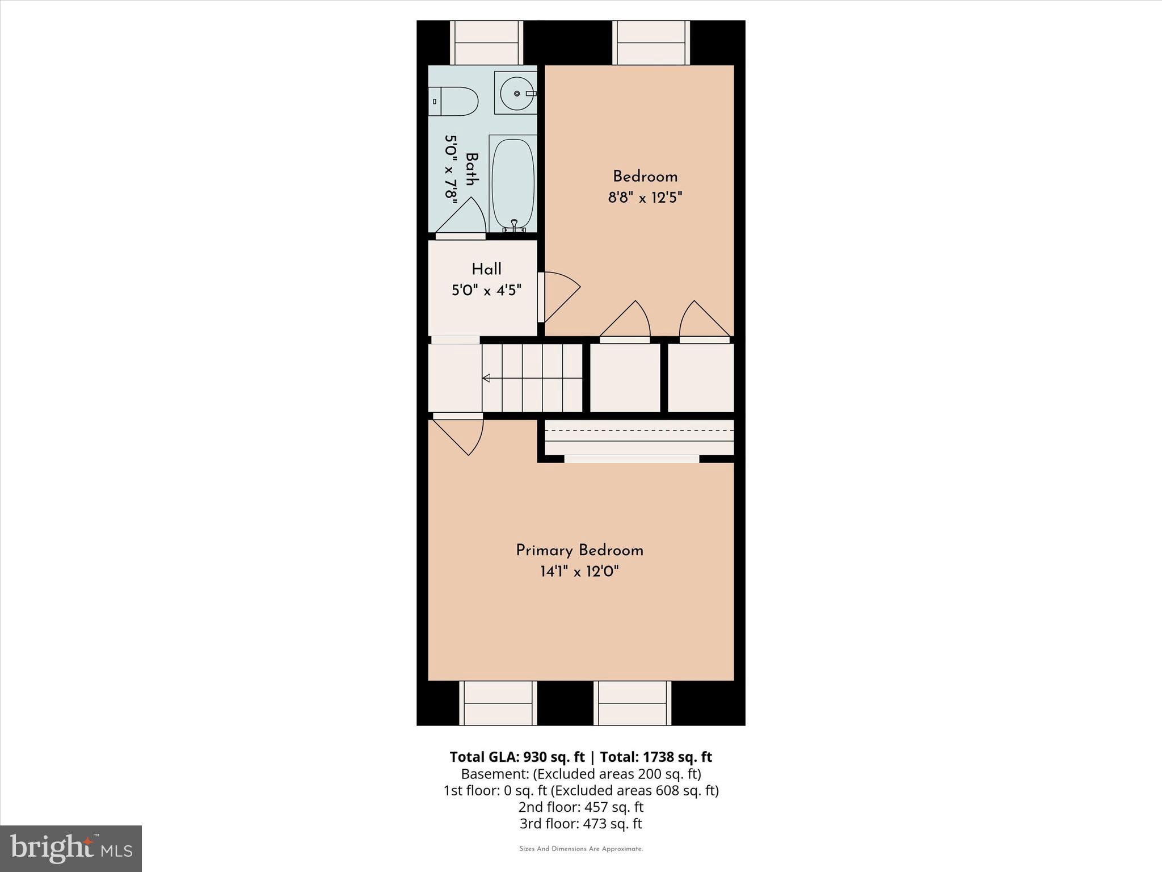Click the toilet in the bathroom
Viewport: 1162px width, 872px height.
454,101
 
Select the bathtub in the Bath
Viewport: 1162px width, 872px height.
512,183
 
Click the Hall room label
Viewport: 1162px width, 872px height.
486,269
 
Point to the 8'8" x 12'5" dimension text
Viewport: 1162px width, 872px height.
645,198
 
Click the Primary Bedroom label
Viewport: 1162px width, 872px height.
579,551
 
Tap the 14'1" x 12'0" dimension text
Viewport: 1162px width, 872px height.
579,571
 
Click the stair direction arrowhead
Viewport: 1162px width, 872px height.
486,378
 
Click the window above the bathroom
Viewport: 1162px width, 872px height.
486,43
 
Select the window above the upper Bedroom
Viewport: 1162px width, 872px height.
651,43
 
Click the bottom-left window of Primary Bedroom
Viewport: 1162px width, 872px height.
498,703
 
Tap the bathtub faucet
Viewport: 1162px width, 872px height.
514,226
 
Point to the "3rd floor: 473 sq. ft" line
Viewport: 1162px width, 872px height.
580,823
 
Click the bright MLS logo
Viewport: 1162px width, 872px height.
71,849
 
